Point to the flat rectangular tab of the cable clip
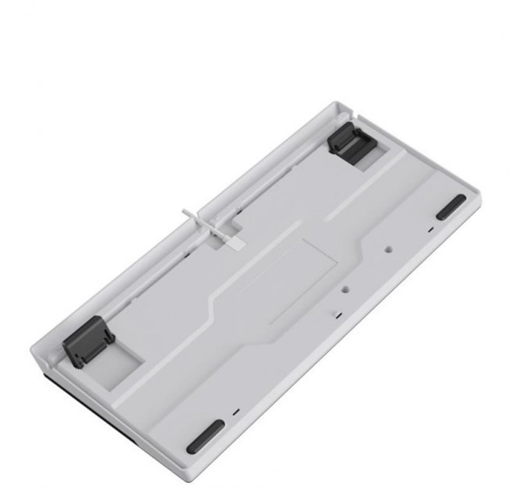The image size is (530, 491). click(x=234, y=237)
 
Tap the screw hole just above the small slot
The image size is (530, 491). click(x=344, y=288)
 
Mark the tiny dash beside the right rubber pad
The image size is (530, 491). click(x=429, y=230)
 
